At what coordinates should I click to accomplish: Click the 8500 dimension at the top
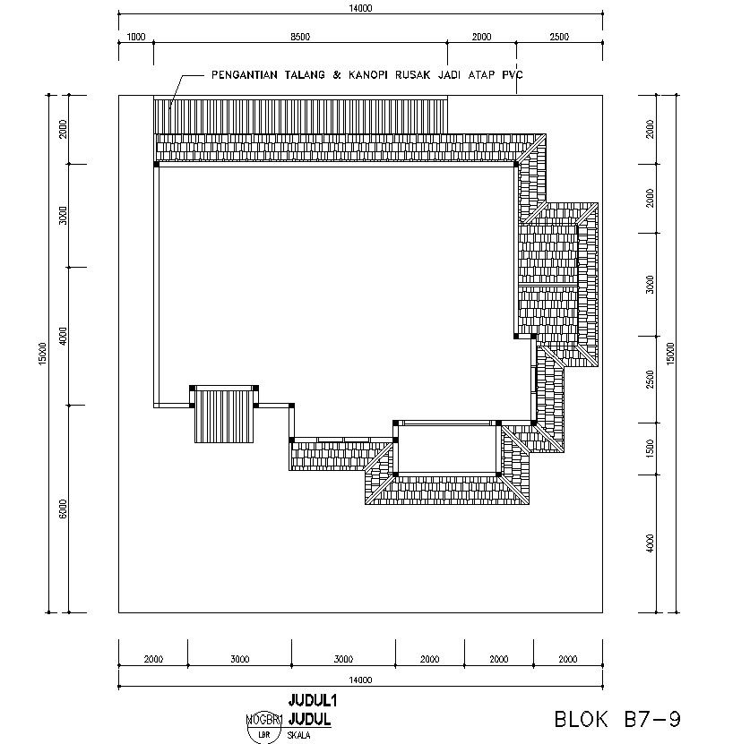tap(300, 37)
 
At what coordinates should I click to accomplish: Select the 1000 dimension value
tap(136, 37)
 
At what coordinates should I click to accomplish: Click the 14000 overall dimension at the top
tap(360, 8)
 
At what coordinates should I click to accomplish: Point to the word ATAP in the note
tap(480, 76)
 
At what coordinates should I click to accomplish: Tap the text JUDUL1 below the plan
tap(310, 699)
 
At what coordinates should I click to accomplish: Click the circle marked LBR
tap(264, 734)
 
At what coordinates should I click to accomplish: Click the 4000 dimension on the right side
tap(650, 543)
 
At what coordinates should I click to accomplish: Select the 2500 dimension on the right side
tap(650, 379)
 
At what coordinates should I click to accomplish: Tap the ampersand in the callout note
tap(337, 76)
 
